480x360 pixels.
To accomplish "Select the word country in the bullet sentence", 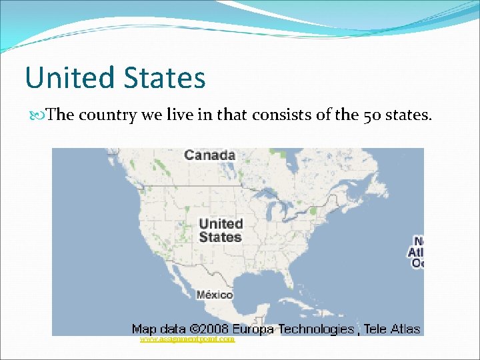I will (x=107, y=115).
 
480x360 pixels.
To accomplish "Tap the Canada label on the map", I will (x=209, y=155).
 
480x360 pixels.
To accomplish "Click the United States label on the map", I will (x=221, y=230).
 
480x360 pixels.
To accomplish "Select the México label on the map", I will (x=215, y=294).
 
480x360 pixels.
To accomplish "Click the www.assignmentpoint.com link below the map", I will (x=187, y=339).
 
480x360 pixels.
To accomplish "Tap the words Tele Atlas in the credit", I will (x=392, y=329).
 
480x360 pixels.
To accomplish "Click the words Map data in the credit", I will (x=157, y=329).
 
